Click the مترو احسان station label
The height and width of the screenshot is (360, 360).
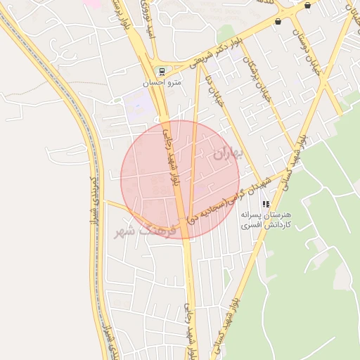click(162, 82)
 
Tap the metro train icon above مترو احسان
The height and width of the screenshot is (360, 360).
click(162, 72)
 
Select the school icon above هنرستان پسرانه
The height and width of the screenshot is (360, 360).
click(266, 204)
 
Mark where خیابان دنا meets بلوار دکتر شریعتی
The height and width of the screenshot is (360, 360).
click(202, 65)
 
